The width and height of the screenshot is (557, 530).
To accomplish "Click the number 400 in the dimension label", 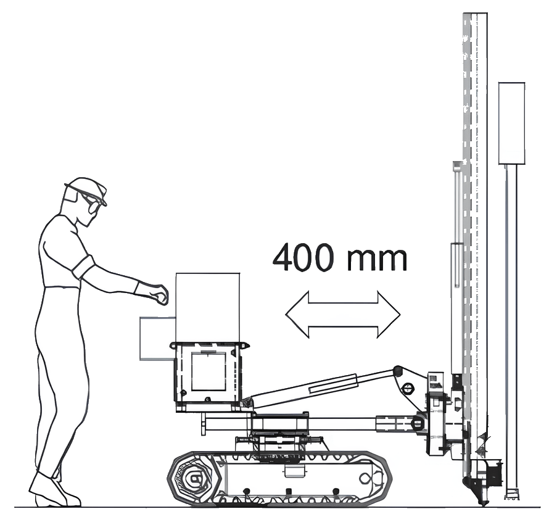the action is (303, 257).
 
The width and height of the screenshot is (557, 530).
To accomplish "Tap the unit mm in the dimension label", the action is (378, 259).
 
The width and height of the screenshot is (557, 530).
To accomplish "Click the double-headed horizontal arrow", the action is (343, 315).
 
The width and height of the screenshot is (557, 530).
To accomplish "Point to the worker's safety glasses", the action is (93, 201).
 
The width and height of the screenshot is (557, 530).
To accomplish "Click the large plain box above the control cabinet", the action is (208, 307).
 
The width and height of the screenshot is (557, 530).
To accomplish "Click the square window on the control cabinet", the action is (208, 371).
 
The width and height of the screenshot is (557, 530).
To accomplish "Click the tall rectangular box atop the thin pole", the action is (511, 123).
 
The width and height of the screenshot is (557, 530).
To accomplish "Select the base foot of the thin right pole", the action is (512, 494).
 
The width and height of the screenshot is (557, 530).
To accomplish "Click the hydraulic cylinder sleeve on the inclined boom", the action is (333, 384).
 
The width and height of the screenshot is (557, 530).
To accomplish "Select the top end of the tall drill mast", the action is (475, 14).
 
